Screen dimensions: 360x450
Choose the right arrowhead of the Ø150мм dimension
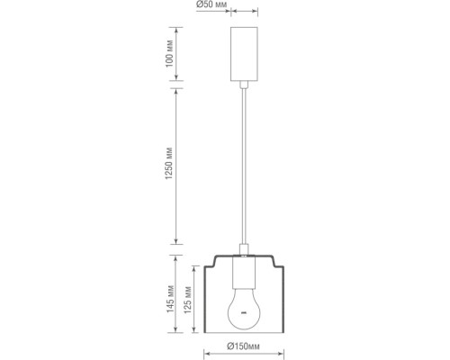pos(275,353)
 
